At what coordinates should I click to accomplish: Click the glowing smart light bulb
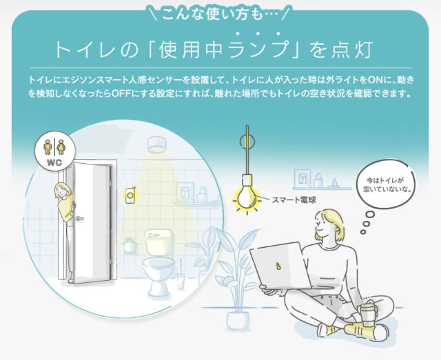pos(247,198)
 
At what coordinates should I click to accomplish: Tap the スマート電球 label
pos(294,200)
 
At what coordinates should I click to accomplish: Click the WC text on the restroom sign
pos(54,162)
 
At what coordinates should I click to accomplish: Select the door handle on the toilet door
pos(79,218)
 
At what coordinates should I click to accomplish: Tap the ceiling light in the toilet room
pos(157,145)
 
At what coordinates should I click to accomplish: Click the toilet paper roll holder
pos(130,245)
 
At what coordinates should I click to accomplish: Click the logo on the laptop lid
pos(278,265)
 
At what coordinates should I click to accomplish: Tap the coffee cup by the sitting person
pos(367,313)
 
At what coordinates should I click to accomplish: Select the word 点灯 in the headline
pos(352,50)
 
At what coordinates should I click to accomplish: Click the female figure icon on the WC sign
pos(61,147)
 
